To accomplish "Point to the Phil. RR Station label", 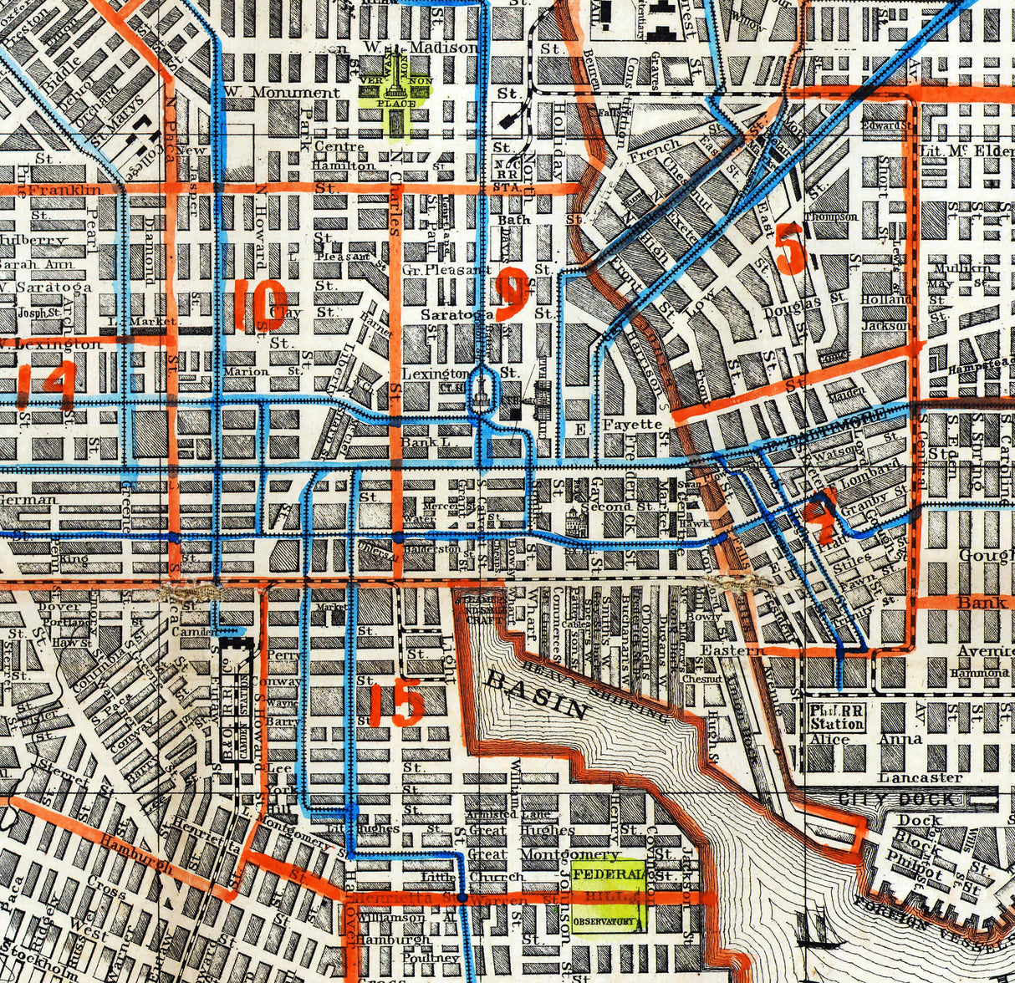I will pyautogui.click(x=837, y=718).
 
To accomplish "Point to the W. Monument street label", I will pyautogui.click(x=282, y=92).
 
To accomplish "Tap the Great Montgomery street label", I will pyautogui.click(x=543, y=854).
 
